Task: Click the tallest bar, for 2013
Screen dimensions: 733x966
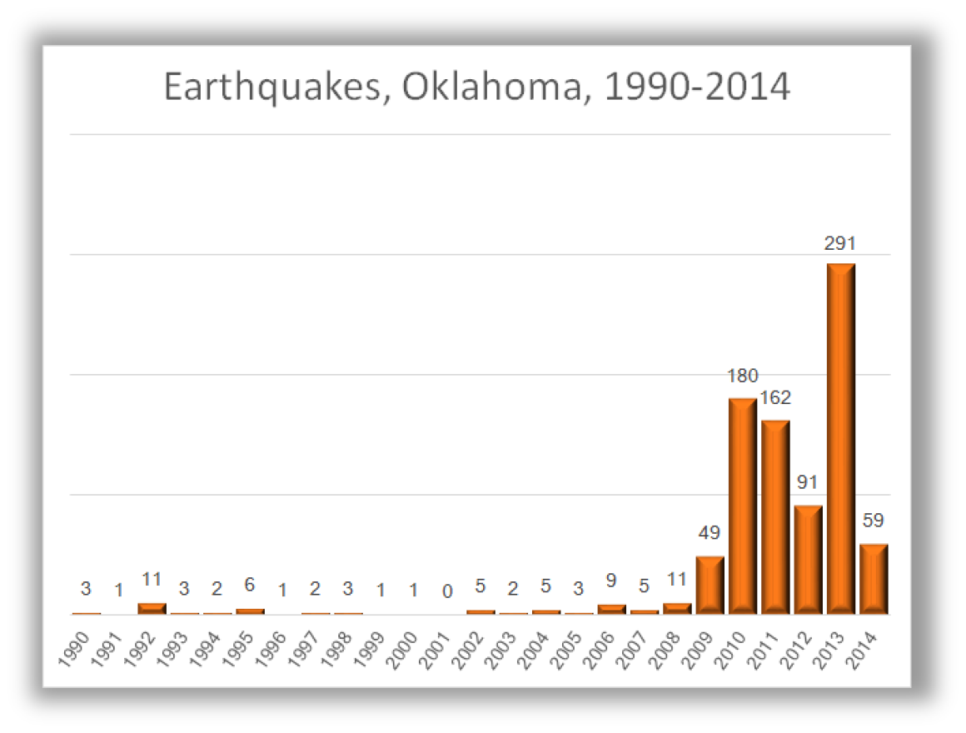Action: coord(840,439)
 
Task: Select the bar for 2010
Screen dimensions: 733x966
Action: coord(742,506)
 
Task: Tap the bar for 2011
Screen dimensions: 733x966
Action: coord(775,517)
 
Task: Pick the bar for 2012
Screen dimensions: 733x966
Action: coord(808,560)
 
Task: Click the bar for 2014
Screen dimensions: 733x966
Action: coord(874,579)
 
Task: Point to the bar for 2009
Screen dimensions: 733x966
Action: coord(710,585)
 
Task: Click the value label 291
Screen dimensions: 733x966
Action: coord(840,244)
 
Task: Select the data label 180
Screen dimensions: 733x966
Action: coord(742,376)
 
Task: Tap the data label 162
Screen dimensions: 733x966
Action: coord(775,398)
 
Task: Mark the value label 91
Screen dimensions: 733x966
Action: coord(808,483)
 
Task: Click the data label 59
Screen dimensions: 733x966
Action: coord(874,521)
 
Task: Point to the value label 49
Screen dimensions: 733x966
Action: coord(710,533)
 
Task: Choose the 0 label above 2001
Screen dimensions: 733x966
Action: coord(447,591)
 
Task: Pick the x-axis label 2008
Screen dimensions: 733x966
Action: coord(666,646)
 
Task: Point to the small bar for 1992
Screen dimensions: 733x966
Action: coord(152,608)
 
